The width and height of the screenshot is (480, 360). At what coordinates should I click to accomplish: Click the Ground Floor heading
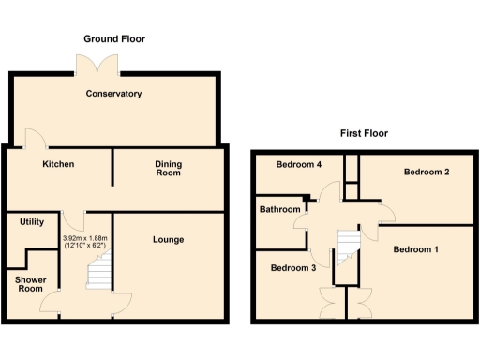pyautogui.click(x=114, y=39)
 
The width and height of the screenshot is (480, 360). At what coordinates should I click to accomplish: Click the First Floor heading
pyautogui.click(x=365, y=133)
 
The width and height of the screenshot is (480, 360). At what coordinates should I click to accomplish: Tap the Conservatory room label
pyautogui.click(x=113, y=94)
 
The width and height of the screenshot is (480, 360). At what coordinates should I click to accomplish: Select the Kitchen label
pyautogui.click(x=58, y=164)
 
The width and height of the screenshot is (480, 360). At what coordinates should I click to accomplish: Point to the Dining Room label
pyautogui.click(x=169, y=169)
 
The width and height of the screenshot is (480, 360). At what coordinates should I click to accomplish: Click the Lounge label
pyautogui.click(x=169, y=239)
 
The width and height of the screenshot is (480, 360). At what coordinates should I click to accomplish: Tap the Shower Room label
pyautogui.click(x=31, y=283)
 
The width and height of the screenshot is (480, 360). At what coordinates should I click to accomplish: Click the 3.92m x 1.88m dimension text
pyautogui.click(x=84, y=238)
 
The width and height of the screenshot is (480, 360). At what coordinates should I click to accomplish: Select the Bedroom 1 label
pyautogui.click(x=415, y=249)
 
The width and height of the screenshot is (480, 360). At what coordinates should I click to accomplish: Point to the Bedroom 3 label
pyautogui.click(x=292, y=268)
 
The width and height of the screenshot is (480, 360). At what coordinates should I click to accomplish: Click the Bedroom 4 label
pyautogui.click(x=299, y=165)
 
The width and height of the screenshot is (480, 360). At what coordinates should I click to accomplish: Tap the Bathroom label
pyautogui.click(x=280, y=209)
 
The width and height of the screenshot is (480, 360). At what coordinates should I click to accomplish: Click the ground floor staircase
pyautogui.click(x=99, y=273)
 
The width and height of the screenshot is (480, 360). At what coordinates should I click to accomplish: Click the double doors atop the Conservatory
pyautogui.click(x=97, y=64)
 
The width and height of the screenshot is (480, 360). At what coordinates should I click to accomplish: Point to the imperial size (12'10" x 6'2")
pyautogui.click(x=84, y=247)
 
